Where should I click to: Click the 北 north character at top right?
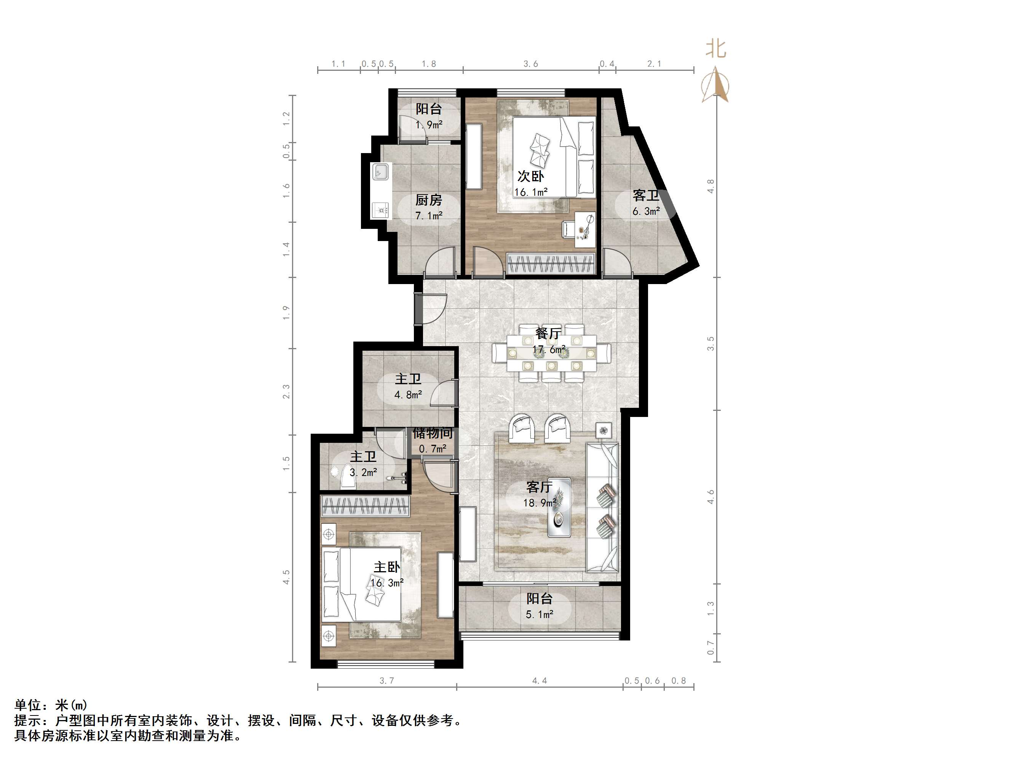(716, 49)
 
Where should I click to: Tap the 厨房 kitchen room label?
(428, 200)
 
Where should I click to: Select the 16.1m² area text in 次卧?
(530, 192)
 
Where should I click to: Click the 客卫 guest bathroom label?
(645, 196)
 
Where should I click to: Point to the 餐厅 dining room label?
(548, 334)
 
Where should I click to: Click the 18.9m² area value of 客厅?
(539, 503)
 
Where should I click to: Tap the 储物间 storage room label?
(433, 433)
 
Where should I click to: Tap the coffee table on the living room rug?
(559, 506)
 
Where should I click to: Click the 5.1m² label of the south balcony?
(539, 615)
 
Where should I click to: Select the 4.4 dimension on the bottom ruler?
(539, 681)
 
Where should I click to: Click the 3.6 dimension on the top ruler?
(530, 64)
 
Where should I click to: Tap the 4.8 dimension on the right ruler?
(710, 186)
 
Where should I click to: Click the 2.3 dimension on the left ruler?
(286, 391)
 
